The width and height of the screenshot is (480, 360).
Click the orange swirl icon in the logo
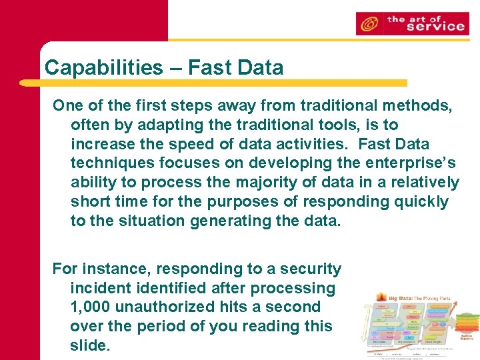coord(369,25)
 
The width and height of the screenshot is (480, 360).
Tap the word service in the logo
coord(426,27)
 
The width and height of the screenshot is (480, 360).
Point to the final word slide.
coord(88,345)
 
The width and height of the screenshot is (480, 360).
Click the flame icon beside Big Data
coord(382,297)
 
